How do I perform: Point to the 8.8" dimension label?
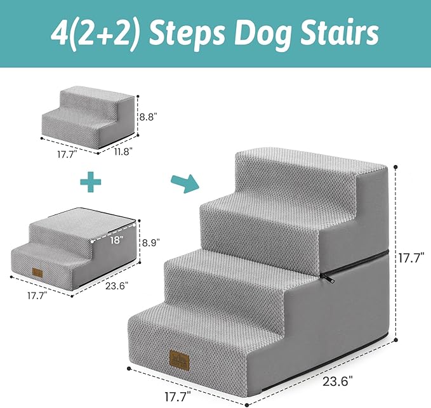click(148, 117)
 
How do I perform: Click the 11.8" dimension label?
click(123, 151)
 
